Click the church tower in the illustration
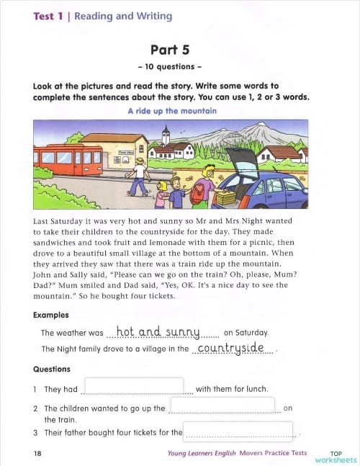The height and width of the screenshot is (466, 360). click(166, 136)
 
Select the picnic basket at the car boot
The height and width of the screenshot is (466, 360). click(225, 197)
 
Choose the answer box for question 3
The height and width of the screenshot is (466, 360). click(238, 431)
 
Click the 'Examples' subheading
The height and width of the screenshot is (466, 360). click(51, 315)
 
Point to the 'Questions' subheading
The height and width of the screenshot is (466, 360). click(52, 369)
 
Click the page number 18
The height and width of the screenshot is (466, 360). click(37, 453)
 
